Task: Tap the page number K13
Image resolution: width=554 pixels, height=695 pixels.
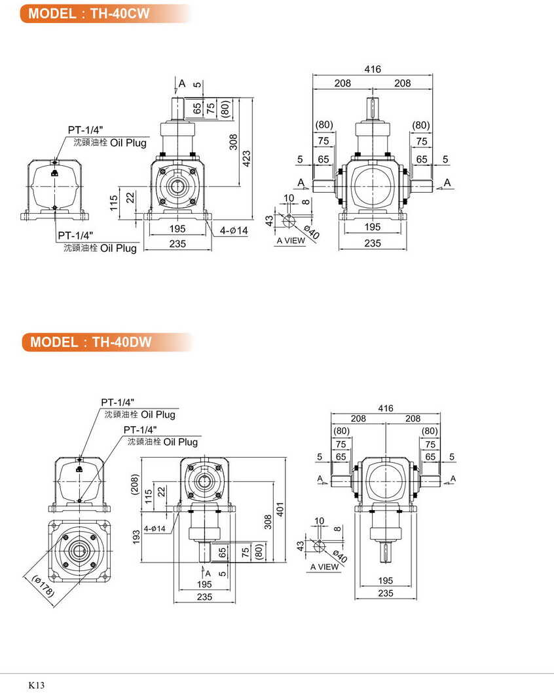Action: pos(36,685)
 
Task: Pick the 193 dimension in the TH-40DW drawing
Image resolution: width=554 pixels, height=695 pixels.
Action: pos(136,537)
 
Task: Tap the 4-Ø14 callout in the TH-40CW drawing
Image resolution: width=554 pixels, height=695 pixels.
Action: pos(234,231)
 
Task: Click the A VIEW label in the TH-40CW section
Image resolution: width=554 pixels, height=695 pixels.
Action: pos(291,241)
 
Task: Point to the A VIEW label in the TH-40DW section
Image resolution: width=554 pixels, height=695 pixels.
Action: pos(325,566)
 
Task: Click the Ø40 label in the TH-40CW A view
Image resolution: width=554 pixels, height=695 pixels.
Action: pos(312,231)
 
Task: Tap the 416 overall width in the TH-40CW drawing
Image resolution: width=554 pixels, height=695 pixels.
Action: pos(373,69)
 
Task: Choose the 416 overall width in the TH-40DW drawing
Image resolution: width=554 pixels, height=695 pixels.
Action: pos(386,408)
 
